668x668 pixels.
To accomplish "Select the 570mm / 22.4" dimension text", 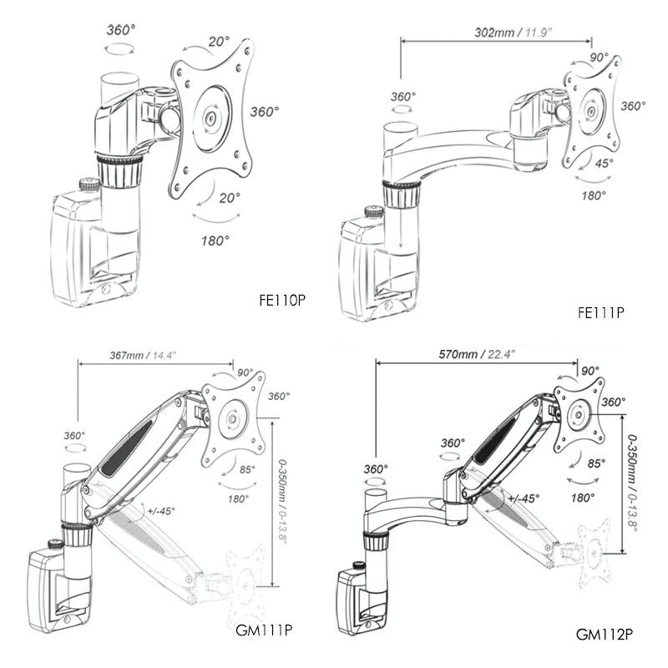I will pos(477,354).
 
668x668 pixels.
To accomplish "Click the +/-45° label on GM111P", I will pos(160,510).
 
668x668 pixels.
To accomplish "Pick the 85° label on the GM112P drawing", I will pos(595,463).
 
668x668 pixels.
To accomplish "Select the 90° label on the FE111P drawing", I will pos(600,58).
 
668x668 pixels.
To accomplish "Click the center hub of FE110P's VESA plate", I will pos(210,117).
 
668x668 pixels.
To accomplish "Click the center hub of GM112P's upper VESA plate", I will pos(578,413).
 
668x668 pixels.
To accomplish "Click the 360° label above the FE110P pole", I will pos(121,29).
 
